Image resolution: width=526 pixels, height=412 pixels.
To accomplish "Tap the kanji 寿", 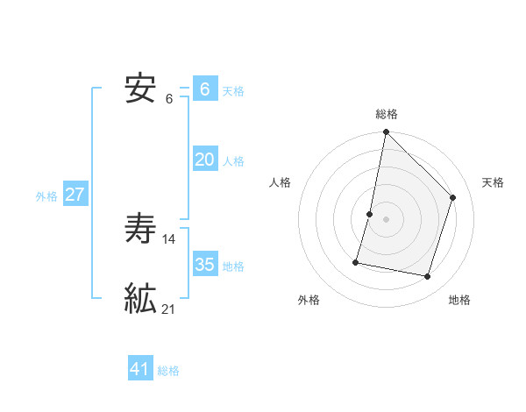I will (x=141, y=229).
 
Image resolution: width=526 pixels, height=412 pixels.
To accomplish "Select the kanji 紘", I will (x=141, y=299).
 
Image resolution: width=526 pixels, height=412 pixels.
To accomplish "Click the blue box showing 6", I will (x=205, y=89).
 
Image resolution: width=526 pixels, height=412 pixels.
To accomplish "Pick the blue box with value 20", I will (x=205, y=160).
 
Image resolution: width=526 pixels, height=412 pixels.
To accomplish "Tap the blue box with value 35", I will (x=205, y=265).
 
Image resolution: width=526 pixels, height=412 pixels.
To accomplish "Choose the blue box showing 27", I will (x=75, y=195).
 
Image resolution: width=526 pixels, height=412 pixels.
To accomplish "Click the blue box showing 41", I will (x=140, y=369).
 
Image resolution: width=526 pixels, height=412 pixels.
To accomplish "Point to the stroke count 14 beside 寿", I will (x=169, y=238).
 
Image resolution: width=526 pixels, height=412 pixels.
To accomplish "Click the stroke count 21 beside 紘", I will (x=169, y=309).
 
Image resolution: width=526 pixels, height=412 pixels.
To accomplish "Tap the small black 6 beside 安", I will (x=169, y=98).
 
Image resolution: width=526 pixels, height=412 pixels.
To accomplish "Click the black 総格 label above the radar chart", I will (x=386, y=114).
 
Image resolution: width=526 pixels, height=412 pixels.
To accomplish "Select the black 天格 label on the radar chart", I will (x=493, y=182).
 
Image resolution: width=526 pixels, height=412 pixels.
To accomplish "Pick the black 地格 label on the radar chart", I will (x=459, y=300).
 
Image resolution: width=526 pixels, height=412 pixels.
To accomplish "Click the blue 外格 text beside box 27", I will (x=46, y=196).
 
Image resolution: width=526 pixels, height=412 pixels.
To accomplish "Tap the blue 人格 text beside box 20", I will (x=233, y=161).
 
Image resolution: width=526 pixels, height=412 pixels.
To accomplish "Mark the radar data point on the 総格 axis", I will (x=386, y=133).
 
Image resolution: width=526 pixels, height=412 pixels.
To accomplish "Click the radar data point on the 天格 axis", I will (x=453, y=197).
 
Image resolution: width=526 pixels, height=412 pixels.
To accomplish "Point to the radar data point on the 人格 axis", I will (x=370, y=214).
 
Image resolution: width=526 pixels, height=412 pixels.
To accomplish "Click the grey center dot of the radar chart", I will (x=386, y=219).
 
